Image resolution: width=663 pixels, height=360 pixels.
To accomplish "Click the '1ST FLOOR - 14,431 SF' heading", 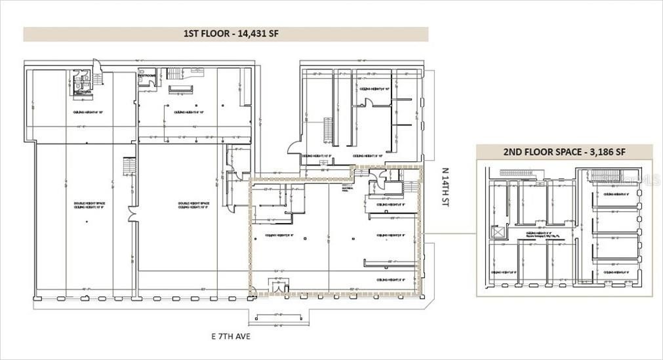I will pyautogui.click(x=226, y=34).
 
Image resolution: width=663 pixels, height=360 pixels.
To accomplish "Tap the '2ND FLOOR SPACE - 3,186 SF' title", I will pyautogui.click(x=564, y=151).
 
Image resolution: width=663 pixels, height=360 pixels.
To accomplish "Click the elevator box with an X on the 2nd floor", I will pyautogui.click(x=498, y=231).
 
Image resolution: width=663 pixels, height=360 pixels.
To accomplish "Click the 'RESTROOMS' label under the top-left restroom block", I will pyautogui.click(x=82, y=92).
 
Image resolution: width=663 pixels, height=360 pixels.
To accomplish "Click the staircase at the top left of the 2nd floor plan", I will pyautogui.click(x=518, y=173).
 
